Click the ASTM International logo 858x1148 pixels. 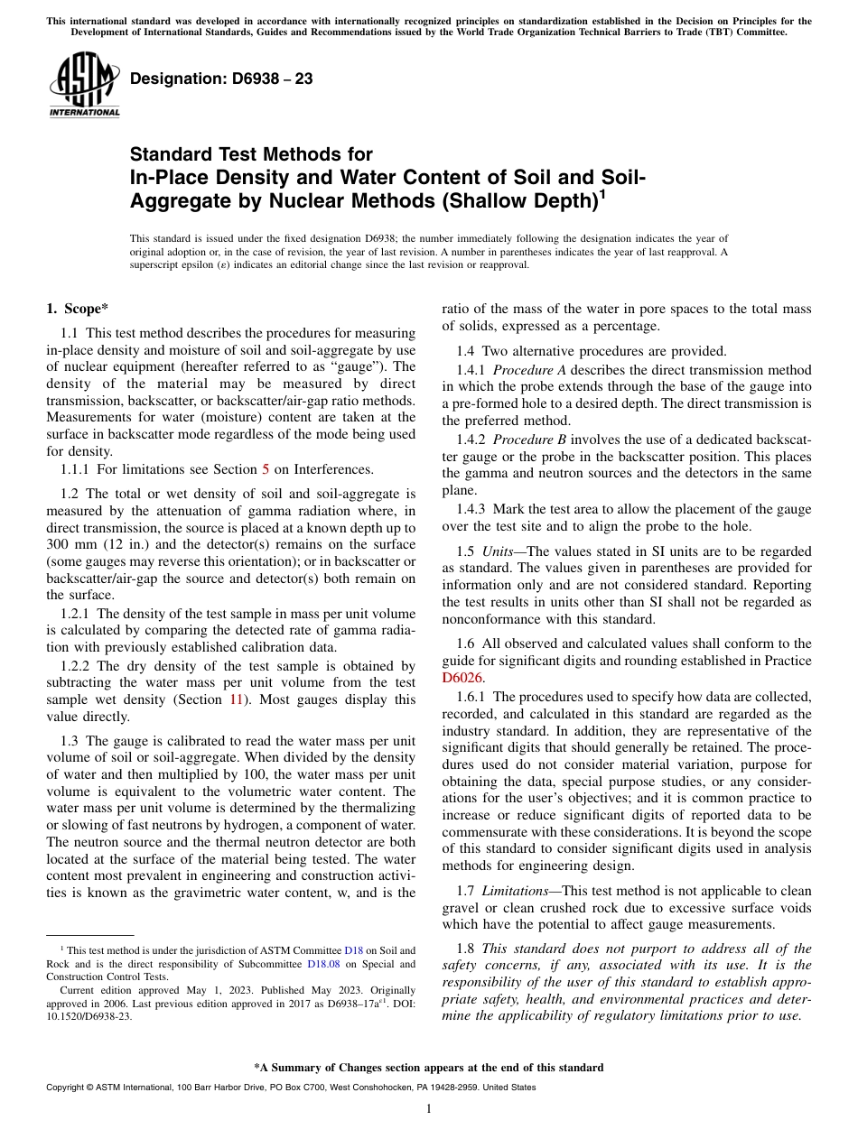tap(84, 85)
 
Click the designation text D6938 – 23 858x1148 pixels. tap(221, 79)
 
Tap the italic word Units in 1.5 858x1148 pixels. tap(499, 551)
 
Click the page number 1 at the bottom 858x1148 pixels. tap(429, 1108)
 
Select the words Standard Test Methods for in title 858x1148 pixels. tap(251, 154)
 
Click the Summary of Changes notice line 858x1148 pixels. tap(429, 1067)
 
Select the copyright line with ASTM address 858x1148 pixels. tap(291, 1088)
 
